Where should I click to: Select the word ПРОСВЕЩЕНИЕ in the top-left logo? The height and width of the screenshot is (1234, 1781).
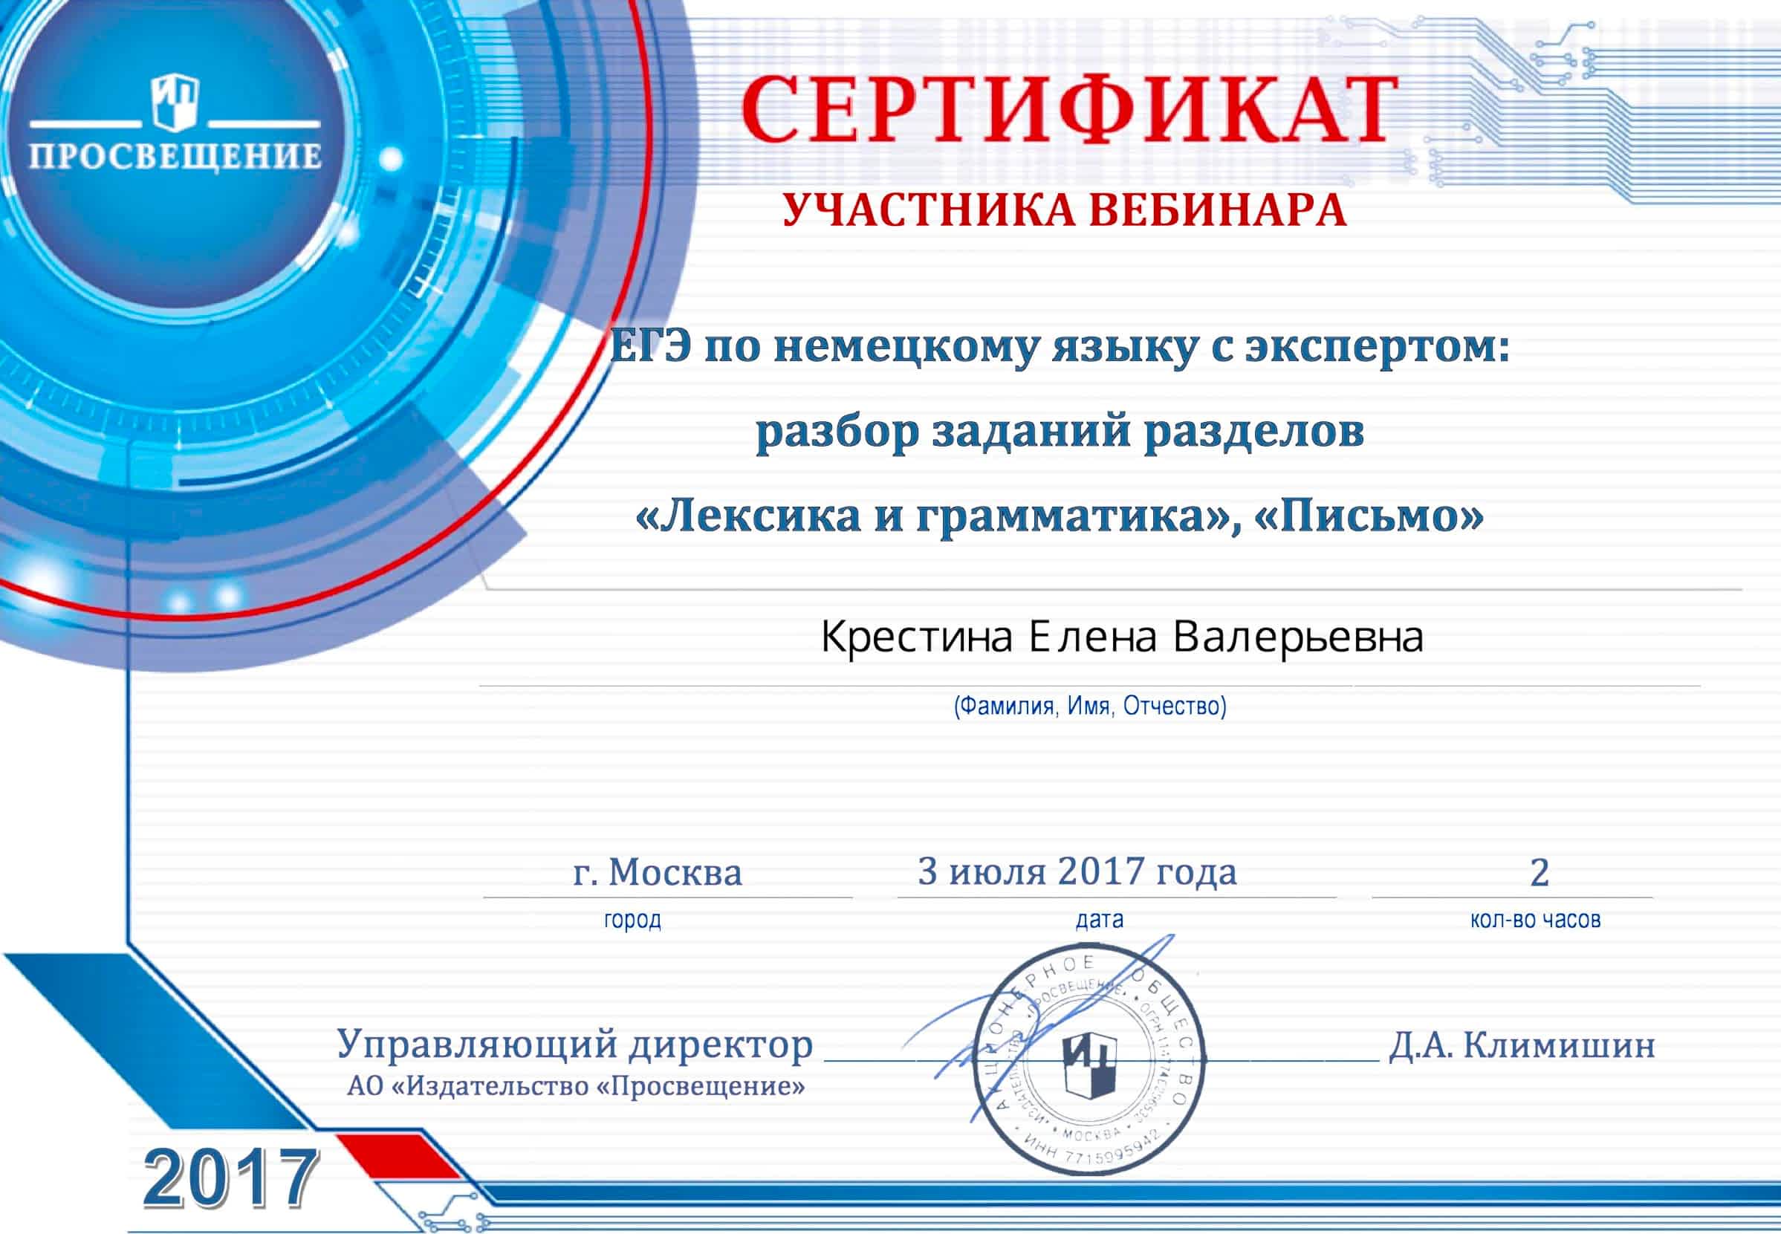click(175, 156)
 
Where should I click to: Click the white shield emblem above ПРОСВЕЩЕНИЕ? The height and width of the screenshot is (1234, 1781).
click(175, 100)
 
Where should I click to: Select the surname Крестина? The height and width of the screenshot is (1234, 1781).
click(916, 638)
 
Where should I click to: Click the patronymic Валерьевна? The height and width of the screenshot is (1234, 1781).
click(1299, 638)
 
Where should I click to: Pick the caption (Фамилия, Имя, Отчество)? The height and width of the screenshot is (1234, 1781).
click(1090, 706)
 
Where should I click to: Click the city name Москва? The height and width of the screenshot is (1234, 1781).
click(675, 873)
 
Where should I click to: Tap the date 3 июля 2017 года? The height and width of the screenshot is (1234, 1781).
click(1077, 871)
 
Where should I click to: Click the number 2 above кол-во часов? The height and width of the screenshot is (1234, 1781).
click(1540, 873)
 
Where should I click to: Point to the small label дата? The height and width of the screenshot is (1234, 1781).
click(1099, 920)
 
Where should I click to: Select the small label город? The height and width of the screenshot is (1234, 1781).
click(632, 920)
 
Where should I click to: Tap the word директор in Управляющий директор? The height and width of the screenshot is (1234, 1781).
click(720, 1045)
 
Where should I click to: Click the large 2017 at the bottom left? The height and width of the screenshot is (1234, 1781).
click(230, 1178)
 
